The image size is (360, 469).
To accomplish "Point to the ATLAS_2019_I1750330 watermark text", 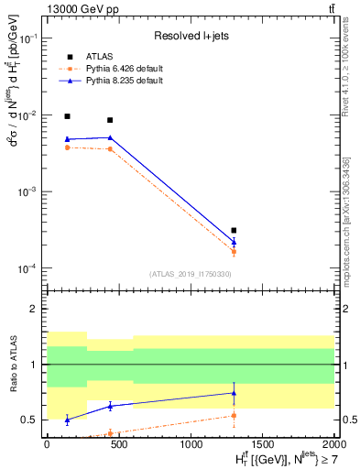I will point(190,274).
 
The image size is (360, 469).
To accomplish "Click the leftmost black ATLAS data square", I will point(67,116).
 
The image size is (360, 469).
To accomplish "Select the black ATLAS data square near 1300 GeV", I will point(234,230).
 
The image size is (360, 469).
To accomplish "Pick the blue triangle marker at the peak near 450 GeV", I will point(110,137).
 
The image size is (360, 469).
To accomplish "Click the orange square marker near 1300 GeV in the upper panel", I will point(234,251).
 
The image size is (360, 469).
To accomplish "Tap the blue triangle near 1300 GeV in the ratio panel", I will point(234,393).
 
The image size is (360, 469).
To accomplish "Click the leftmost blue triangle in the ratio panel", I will point(67,420).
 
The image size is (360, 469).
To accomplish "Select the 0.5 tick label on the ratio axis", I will point(32,420).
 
